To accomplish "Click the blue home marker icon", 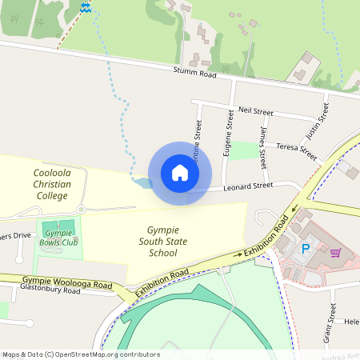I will pos(180,173).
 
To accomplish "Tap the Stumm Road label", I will pos(195,74).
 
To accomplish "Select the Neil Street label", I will pos(256,112).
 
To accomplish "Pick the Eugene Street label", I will pos(229,137).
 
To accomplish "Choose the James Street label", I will pos(262,147).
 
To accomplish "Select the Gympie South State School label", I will pos(162,241).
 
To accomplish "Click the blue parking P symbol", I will pos(305,249).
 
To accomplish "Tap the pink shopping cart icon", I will pos(335,253).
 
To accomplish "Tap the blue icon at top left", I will pos(86,7).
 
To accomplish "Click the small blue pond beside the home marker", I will pos(142,184).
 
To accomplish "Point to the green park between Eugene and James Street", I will pos(247,150).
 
